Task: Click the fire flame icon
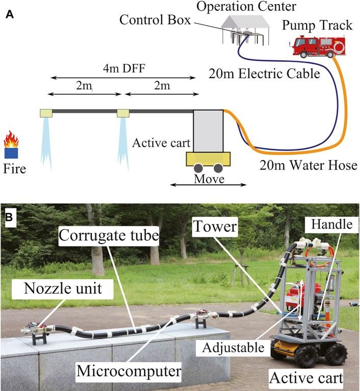click(x=11, y=139)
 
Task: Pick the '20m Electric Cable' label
click(x=264, y=74)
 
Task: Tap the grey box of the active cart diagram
click(x=208, y=131)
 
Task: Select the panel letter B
click(x=9, y=217)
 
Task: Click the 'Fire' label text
click(x=15, y=168)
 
